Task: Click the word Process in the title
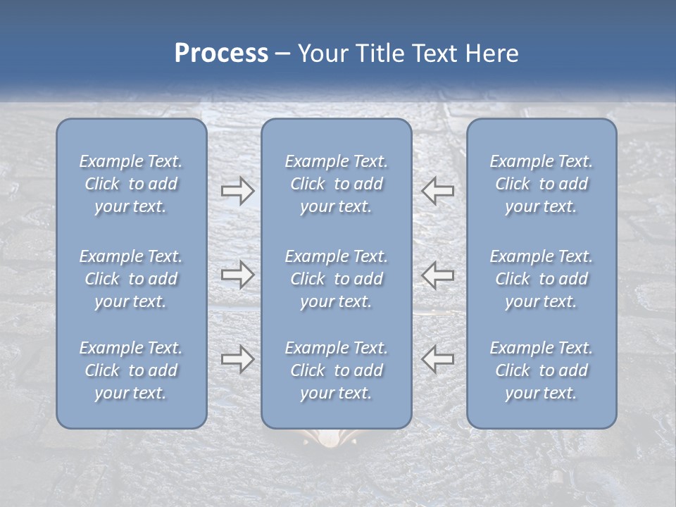click(x=221, y=54)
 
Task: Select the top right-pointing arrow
click(x=237, y=191)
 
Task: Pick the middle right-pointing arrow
click(x=237, y=275)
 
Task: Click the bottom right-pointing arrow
click(x=237, y=359)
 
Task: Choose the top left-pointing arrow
click(x=438, y=191)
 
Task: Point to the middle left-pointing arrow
click(x=438, y=275)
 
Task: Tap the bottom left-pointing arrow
click(x=438, y=359)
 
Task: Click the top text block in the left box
click(x=131, y=184)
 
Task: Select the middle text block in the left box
click(x=131, y=279)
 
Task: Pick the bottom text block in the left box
click(x=131, y=370)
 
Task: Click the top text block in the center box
click(x=337, y=184)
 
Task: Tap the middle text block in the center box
click(x=337, y=279)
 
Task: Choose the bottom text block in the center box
click(x=337, y=370)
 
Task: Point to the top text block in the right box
click(x=542, y=184)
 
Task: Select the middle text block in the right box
click(x=542, y=279)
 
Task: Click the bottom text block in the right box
click(x=542, y=370)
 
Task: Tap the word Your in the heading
click(x=321, y=54)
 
